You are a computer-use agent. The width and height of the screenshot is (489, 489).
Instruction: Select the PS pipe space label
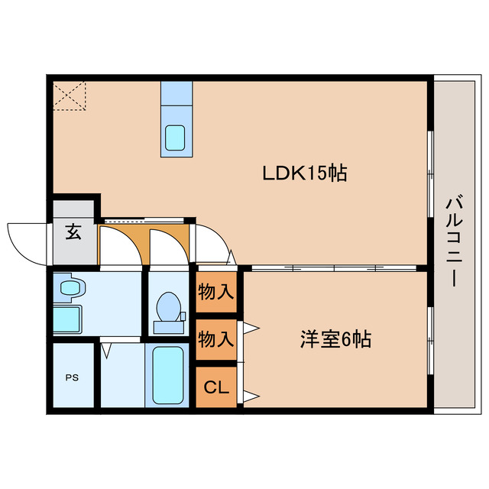[x=71, y=377]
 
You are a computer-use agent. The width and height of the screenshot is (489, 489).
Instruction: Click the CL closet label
[x=215, y=387]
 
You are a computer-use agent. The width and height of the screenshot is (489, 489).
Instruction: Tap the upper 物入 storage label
[x=215, y=291]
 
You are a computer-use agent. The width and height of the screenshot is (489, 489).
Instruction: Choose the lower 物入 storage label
[x=215, y=339]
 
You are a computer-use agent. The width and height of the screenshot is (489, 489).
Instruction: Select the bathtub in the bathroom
[x=168, y=376]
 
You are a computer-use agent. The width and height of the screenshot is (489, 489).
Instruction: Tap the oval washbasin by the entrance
[x=72, y=288]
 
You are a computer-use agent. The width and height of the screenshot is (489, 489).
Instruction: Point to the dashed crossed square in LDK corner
[x=69, y=96]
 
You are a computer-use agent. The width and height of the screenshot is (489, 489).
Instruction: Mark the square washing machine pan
[x=66, y=318]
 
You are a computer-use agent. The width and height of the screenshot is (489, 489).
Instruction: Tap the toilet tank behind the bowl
[x=170, y=327]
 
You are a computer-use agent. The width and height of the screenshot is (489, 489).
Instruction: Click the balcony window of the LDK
[x=430, y=173]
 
